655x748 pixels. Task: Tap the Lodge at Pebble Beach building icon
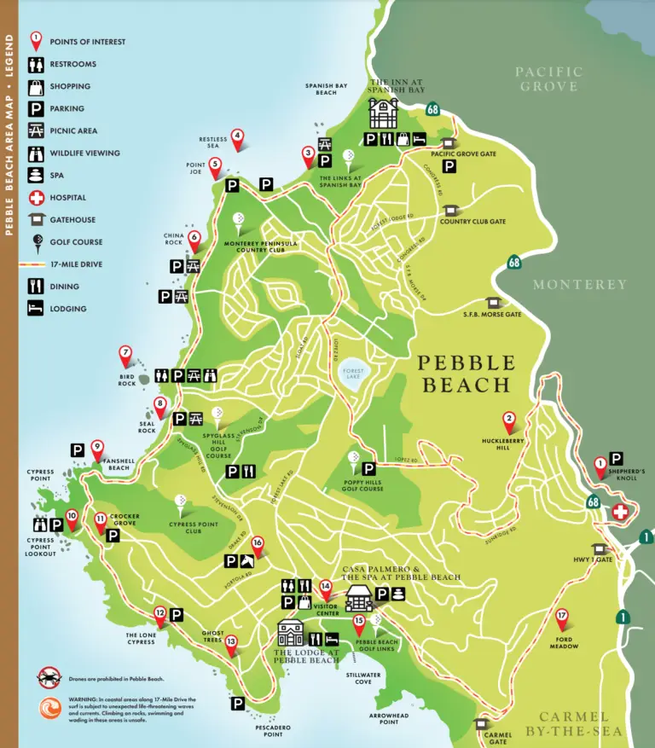(x=290, y=634)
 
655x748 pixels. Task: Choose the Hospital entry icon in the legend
(x=36, y=198)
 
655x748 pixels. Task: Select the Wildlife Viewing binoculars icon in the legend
(x=36, y=154)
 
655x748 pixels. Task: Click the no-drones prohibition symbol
(x=49, y=678)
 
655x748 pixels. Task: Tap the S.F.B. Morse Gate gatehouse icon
(x=492, y=302)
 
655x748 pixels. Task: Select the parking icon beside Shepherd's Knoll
(x=616, y=458)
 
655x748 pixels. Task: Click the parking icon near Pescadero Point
(x=237, y=703)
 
